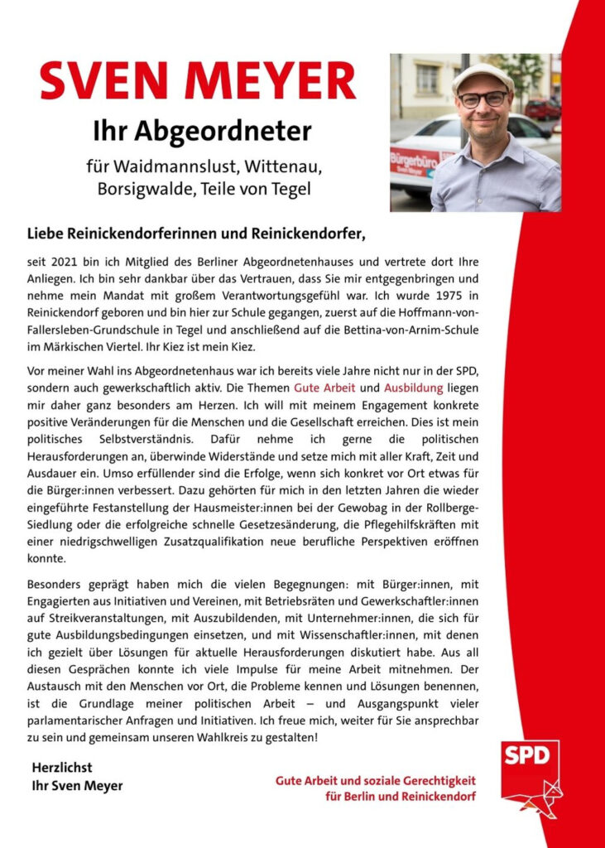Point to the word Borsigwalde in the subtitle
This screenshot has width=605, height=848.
click(x=140, y=189)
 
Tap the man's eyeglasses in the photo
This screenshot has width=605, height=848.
click(x=483, y=99)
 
